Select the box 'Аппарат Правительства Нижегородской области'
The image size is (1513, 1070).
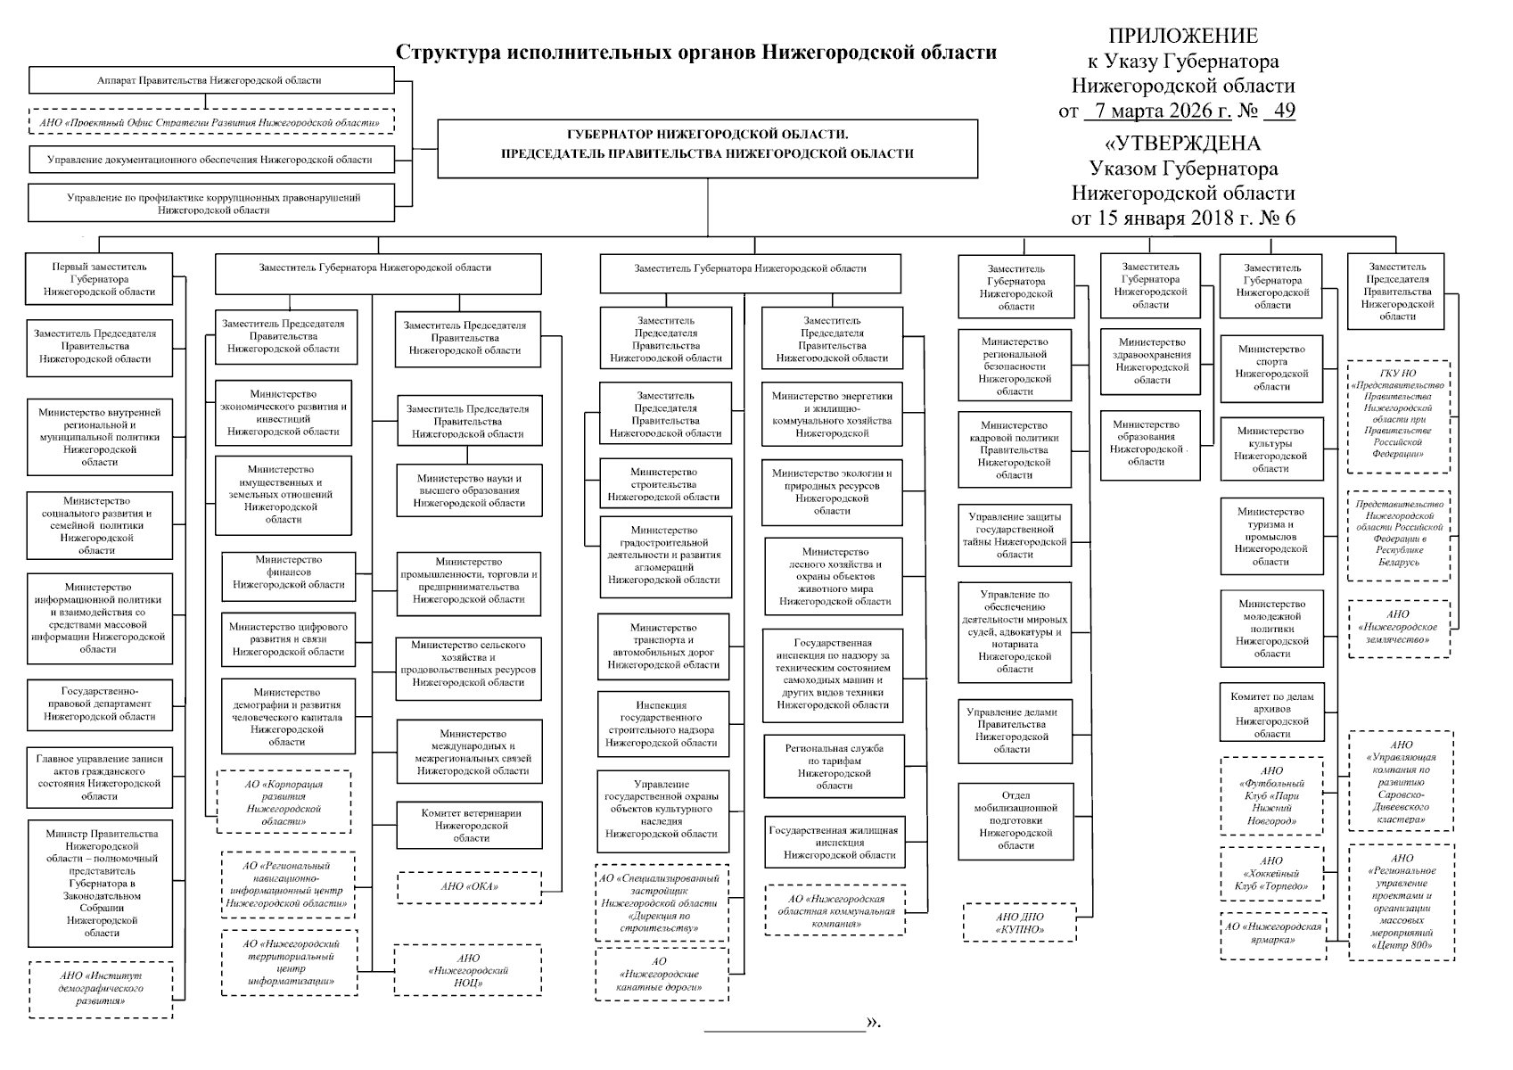click(210, 80)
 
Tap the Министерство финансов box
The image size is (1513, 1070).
click(288, 572)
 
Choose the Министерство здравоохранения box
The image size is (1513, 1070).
click(1151, 361)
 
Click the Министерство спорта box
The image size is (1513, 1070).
click(1270, 368)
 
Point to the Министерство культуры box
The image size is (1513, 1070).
click(1270, 449)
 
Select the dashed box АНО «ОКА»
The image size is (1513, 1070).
click(469, 886)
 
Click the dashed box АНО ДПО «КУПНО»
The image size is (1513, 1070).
click(1019, 923)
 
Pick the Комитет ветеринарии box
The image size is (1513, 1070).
click(470, 825)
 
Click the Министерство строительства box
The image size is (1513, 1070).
click(664, 484)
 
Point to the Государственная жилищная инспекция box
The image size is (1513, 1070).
click(835, 842)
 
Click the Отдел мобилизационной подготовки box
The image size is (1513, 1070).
click(1015, 820)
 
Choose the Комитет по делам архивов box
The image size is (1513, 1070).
click(1271, 712)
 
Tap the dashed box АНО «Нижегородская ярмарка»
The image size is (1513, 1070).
click(1272, 934)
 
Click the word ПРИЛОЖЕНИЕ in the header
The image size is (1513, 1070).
click(1183, 36)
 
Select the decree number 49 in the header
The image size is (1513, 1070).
click(1285, 111)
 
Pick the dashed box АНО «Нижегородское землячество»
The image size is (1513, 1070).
click(1398, 627)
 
